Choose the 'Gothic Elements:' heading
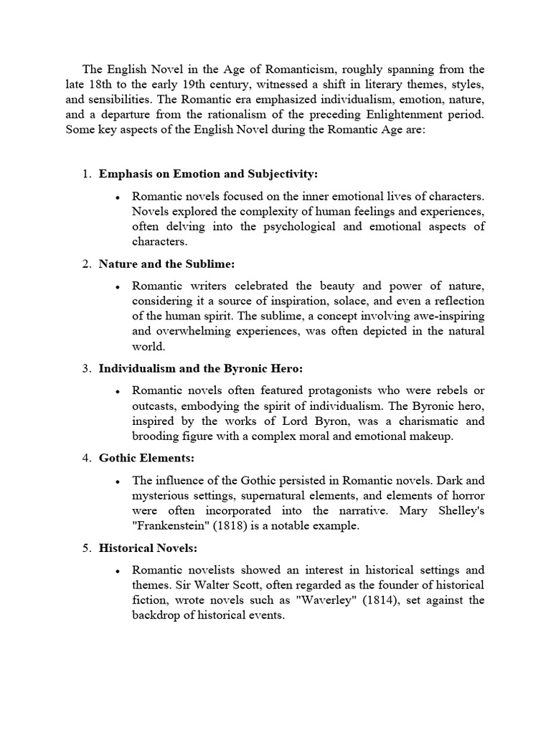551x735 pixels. [146, 458]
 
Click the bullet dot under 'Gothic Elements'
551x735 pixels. [116, 481]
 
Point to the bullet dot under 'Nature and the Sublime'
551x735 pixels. [116, 286]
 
